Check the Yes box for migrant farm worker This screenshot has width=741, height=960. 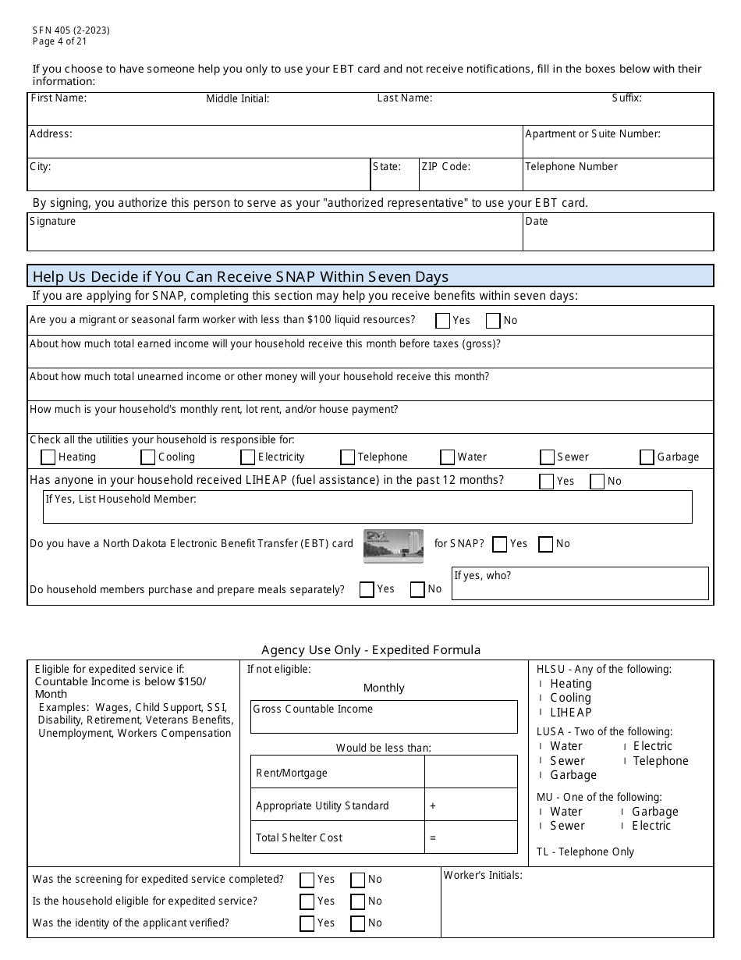443,321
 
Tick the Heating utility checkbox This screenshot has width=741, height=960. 48,457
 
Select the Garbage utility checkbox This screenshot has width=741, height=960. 647,457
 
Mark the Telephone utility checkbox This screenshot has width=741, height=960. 347,457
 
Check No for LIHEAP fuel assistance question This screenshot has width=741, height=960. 597,482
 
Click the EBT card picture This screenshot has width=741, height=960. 393,546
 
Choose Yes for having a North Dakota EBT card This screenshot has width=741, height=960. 500,544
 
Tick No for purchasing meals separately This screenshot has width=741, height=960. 418,589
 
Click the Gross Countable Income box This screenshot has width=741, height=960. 383,717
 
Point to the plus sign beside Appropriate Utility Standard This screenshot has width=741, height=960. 433,805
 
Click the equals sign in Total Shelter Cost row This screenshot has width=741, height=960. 433,837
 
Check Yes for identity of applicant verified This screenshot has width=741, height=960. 307,923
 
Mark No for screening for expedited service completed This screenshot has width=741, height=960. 358,880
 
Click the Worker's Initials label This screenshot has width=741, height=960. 483,876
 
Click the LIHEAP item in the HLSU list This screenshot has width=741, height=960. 570,713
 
